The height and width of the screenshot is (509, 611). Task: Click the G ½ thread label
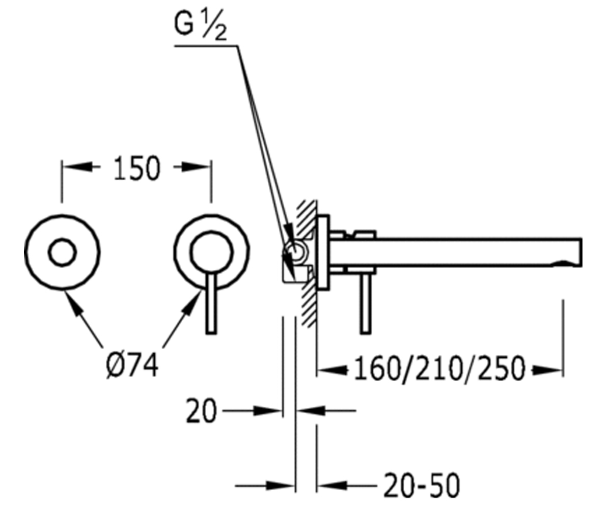(201, 25)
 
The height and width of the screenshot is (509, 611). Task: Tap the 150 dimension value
(137, 168)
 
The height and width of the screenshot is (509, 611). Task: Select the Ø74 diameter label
(132, 365)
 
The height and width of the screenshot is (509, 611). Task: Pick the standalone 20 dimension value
(201, 411)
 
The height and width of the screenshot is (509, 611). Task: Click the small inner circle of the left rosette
(62, 252)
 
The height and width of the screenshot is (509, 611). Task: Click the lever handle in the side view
(366, 304)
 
